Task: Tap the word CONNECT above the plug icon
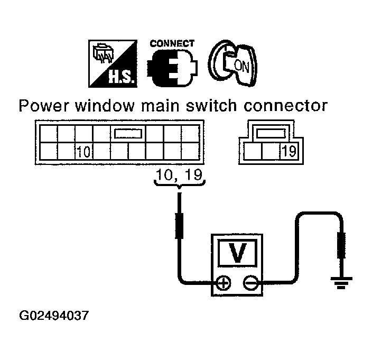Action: (x=172, y=43)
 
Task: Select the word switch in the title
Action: (x=213, y=106)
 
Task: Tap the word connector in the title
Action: (x=285, y=106)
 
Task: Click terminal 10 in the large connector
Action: (x=83, y=153)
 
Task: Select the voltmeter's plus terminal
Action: (x=223, y=283)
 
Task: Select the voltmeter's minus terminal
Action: (x=250, y=283)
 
